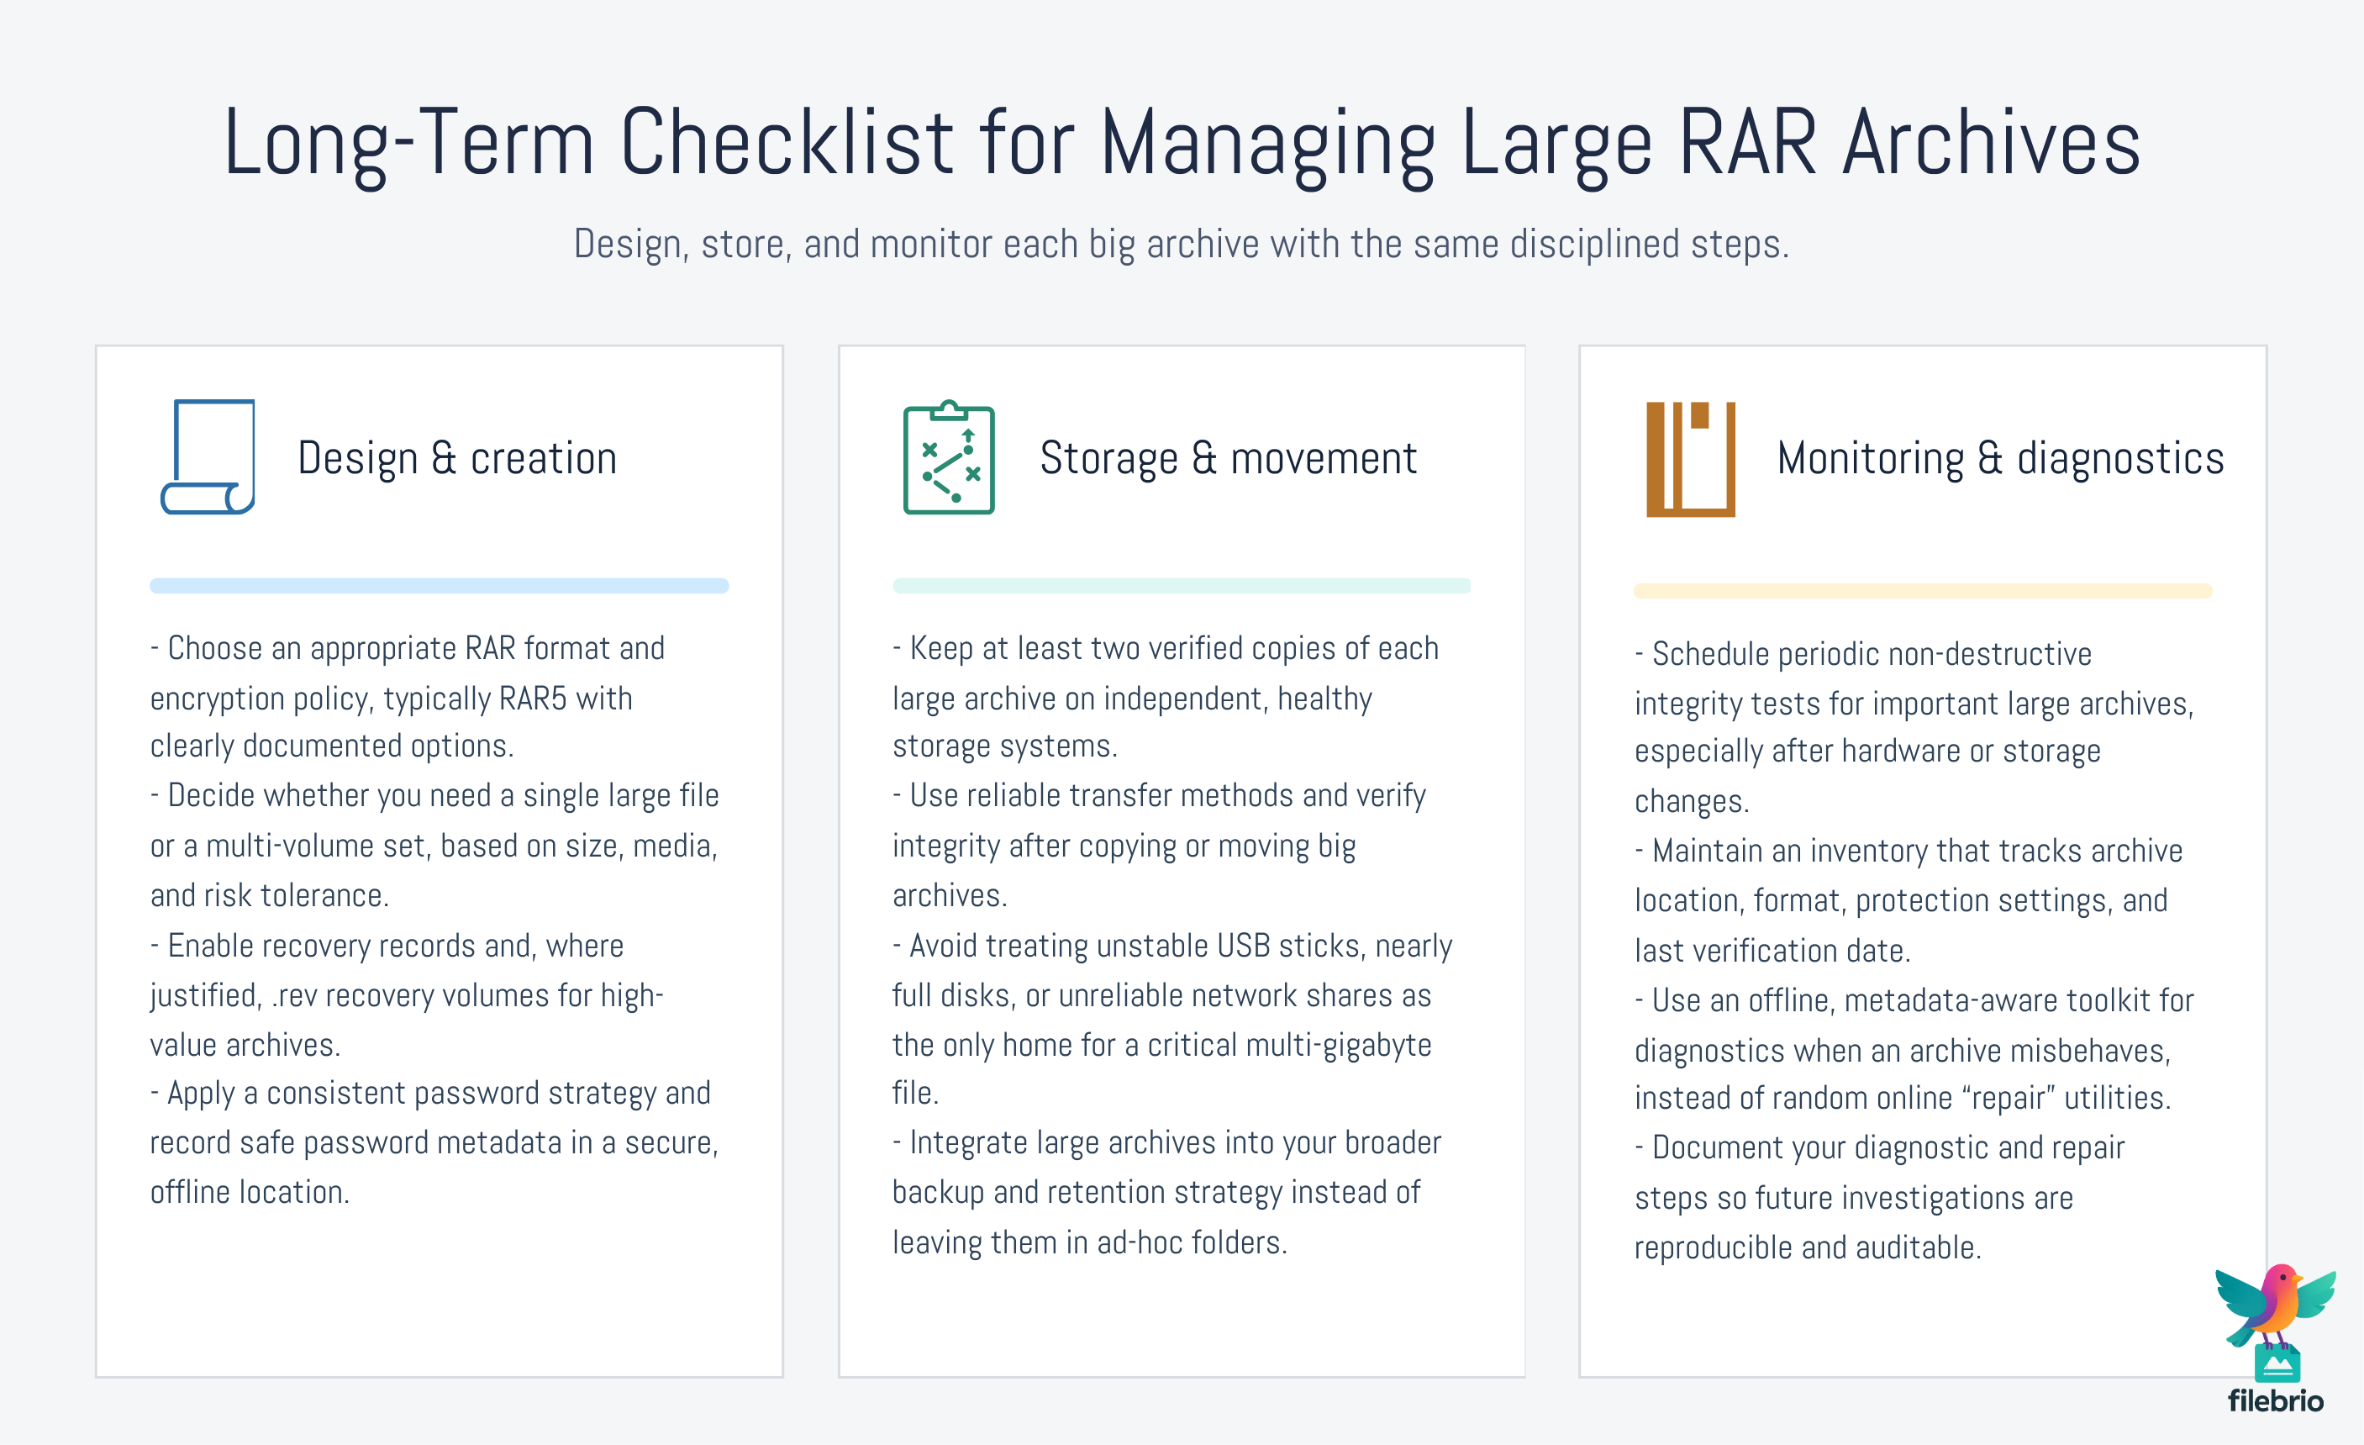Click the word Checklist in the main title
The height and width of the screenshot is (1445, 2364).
tap(787, 144)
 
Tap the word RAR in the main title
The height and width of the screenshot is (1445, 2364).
tap(1747, 144)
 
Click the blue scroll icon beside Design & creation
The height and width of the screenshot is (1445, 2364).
tap(208, 456)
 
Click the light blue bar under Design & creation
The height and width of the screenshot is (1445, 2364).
tap(439, 585)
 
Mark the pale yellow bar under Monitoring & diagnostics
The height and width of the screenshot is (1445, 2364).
tap(1923, 591)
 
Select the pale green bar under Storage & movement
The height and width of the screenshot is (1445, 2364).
tap(1181, 585)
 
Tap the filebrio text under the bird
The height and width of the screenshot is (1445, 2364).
tap(2275, 1400)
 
